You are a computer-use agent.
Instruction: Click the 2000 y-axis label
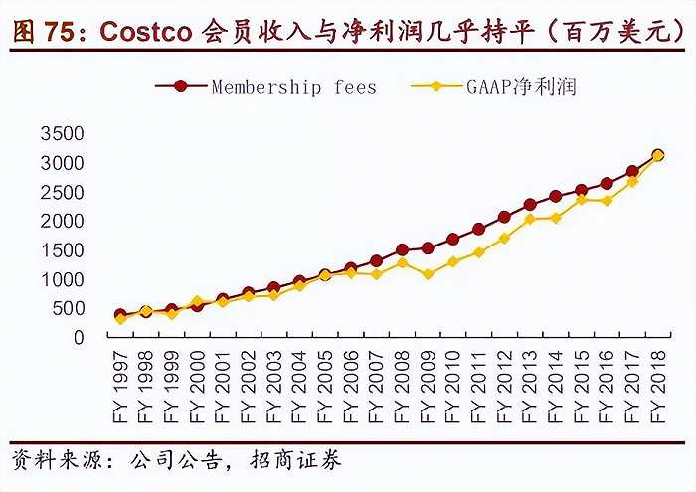[x=63, y=221]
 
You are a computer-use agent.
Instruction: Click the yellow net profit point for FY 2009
[x=428, y=273]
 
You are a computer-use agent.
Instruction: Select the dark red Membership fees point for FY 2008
[x=402, y=250]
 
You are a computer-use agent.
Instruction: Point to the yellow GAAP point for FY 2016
[x=607, y=201]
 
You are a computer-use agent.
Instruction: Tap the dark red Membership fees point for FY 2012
[x=504, y=217]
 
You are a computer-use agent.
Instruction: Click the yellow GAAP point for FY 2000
[x=197, y=301]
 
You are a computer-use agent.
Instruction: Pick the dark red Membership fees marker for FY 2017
[x=632, y=172]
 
